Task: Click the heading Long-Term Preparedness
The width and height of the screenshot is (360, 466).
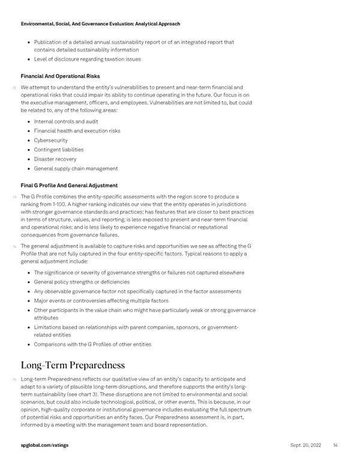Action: click(73, 365)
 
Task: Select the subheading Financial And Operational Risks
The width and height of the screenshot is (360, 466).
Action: click(60, 76)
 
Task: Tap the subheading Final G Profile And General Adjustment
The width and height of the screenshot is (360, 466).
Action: click(69, 186)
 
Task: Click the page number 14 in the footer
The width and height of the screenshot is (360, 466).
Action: click(335, 445)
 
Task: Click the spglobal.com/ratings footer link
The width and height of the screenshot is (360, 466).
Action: click(44, 445)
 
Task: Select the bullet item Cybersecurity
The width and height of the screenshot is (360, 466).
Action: click(51, 140)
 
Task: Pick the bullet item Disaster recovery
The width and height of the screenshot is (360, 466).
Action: click(55, 159)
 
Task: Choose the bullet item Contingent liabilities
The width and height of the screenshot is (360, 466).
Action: click(59, 150)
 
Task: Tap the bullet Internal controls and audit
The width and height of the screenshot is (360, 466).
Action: click(66, 121)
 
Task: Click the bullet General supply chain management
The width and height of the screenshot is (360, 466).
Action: click(76, 169)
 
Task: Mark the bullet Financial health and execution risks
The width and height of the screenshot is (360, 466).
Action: click(77, 131)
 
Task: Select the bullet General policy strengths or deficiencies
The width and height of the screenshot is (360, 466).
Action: click(82, 282)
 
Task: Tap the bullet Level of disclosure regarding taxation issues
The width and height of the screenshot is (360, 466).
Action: click(88, 59)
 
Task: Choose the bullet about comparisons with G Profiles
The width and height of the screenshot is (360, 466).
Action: click(92, 344)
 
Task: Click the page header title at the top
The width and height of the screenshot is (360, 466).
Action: click(100, 23)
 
